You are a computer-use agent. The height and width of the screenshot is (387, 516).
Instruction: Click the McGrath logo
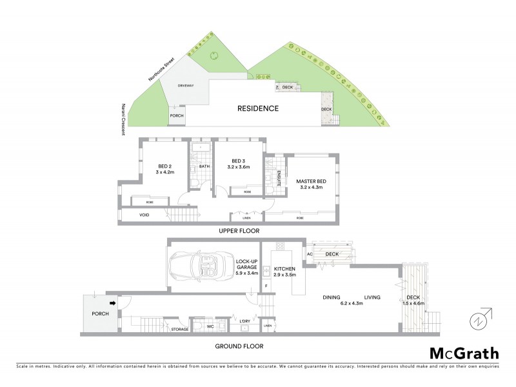click(464, 353)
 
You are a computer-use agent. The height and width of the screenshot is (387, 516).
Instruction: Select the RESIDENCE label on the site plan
click(257, 108)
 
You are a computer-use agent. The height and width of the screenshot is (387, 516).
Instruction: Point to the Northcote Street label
click(159, 69)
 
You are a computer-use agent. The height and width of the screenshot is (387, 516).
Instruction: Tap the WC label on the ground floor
click(210, 326)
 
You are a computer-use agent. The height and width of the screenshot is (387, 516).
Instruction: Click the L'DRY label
click(244, 321)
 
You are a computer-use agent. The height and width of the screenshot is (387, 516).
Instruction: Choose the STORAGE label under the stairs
click(180, 330)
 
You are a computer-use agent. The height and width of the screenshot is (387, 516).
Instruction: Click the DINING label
click(332, 297)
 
